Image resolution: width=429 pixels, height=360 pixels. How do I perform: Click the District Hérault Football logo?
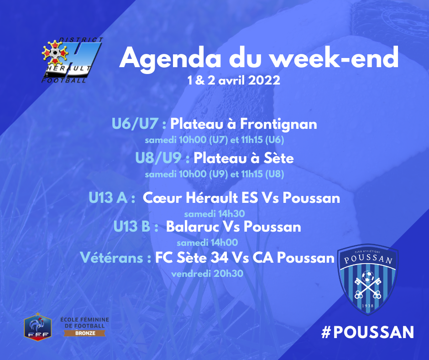[x=72, y=60]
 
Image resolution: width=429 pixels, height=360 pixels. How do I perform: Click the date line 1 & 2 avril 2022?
[x=234, y=80]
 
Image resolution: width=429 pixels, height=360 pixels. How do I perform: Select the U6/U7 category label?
[x=139, y=123]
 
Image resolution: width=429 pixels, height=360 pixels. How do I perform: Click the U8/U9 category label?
[x=162, y=158]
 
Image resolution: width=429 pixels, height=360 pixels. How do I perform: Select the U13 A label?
[x=112, y=198]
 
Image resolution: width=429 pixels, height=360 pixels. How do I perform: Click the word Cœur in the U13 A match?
[x=162, y=198]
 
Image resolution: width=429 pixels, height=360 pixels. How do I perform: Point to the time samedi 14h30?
[x=214, y=214]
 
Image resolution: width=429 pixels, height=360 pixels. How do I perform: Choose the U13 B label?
[x=136, y=227]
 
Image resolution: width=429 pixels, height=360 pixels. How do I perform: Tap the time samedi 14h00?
[x=207, y=243]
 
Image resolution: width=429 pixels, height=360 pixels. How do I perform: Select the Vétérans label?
[x=116, y=258]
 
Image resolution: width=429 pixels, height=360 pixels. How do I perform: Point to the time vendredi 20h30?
[x=207, y=273]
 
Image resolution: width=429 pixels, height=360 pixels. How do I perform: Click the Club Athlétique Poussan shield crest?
[x=368, y=279]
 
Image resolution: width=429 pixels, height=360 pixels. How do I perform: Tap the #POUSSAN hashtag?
[x=367, y=332]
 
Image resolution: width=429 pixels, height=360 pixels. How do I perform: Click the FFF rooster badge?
[x=38, y=327]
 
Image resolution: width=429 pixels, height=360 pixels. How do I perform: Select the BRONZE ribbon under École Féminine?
[x=85, y=333]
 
